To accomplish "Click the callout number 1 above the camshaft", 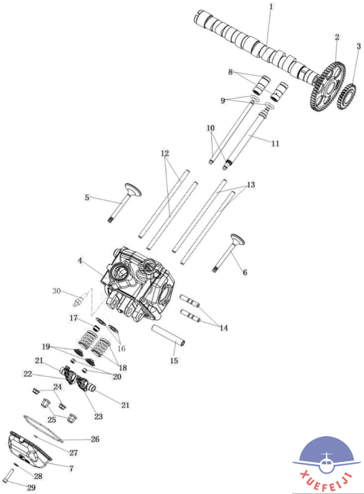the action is [271, 6].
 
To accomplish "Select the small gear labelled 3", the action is [346, 96].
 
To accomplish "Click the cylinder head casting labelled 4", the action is [139, 284].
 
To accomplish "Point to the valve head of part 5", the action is [133, 189].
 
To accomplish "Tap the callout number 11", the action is [275, 144].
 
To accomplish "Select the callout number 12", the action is [165, 153].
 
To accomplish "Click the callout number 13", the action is [251, 184].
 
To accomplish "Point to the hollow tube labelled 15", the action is [168, 336].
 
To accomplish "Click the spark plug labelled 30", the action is [80, 300].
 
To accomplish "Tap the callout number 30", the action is [56, 291].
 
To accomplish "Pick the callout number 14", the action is [223, 328].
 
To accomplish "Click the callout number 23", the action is [98, 416].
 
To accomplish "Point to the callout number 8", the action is [230, 72].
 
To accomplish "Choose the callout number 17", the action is [73, 318].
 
